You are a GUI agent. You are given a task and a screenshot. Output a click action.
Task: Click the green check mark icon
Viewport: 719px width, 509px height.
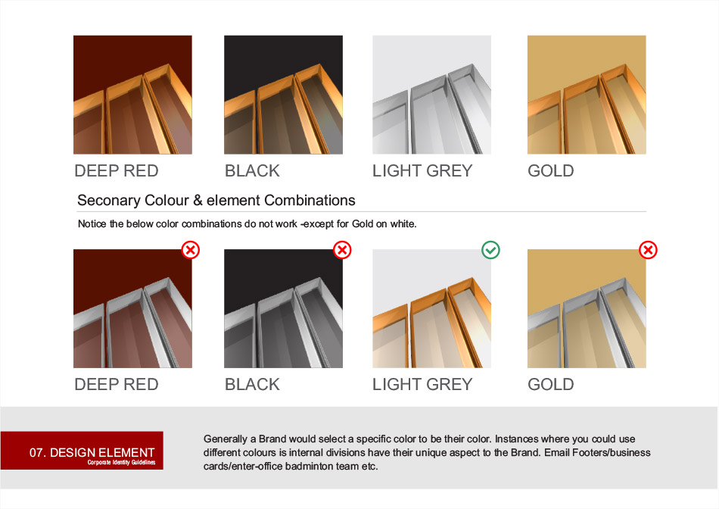490,250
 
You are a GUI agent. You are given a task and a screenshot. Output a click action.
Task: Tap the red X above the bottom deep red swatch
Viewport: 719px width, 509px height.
191,250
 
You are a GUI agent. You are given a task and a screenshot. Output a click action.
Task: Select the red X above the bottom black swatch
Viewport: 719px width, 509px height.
342,250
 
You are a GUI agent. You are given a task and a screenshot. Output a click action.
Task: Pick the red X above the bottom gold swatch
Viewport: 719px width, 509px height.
648,250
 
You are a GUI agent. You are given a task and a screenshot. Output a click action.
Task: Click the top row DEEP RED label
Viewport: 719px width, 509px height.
117,170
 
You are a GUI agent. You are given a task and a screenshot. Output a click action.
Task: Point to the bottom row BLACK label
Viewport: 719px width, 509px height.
252,384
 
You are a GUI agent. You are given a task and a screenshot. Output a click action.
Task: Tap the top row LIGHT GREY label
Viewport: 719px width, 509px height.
422,170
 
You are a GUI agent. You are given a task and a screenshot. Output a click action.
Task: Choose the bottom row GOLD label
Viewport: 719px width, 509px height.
551,384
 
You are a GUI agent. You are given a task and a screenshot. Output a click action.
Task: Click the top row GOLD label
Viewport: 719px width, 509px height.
551,170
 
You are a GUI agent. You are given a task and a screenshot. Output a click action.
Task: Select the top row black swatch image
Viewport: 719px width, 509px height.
283,95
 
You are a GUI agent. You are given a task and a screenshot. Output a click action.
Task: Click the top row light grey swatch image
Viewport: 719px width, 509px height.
432,95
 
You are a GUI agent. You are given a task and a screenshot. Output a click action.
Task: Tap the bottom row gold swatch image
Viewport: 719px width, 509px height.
587,308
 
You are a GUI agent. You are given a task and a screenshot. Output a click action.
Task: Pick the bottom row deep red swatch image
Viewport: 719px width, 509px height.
132,308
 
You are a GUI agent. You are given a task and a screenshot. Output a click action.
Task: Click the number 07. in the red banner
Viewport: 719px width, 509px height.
38,452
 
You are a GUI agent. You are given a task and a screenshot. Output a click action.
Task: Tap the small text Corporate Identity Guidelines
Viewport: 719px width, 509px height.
122,462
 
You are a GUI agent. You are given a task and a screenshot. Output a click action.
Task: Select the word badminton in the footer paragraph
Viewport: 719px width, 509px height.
310,467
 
